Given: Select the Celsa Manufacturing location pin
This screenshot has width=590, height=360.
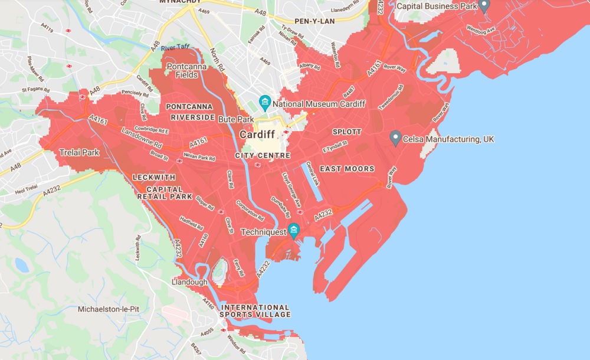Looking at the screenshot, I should (x=396, y=138).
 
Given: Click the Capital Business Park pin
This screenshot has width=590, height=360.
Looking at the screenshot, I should (x=484, y=6).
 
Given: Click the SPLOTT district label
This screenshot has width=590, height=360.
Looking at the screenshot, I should (x=347, y=131).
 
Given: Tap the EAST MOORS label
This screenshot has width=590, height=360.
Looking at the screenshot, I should (x=348, y=169).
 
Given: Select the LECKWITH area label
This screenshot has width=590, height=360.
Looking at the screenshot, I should (x=155, y=177).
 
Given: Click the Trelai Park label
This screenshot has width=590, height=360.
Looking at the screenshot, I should (x=80, y=152).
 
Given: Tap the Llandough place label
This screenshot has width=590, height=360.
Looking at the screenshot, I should (x=189, y=282).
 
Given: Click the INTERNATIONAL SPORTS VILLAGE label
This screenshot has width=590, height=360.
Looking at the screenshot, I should (x=255, y=311).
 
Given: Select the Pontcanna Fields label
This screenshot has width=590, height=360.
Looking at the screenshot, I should (x=182, y=71).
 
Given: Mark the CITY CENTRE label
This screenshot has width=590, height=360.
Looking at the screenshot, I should (x=263, y=155).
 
